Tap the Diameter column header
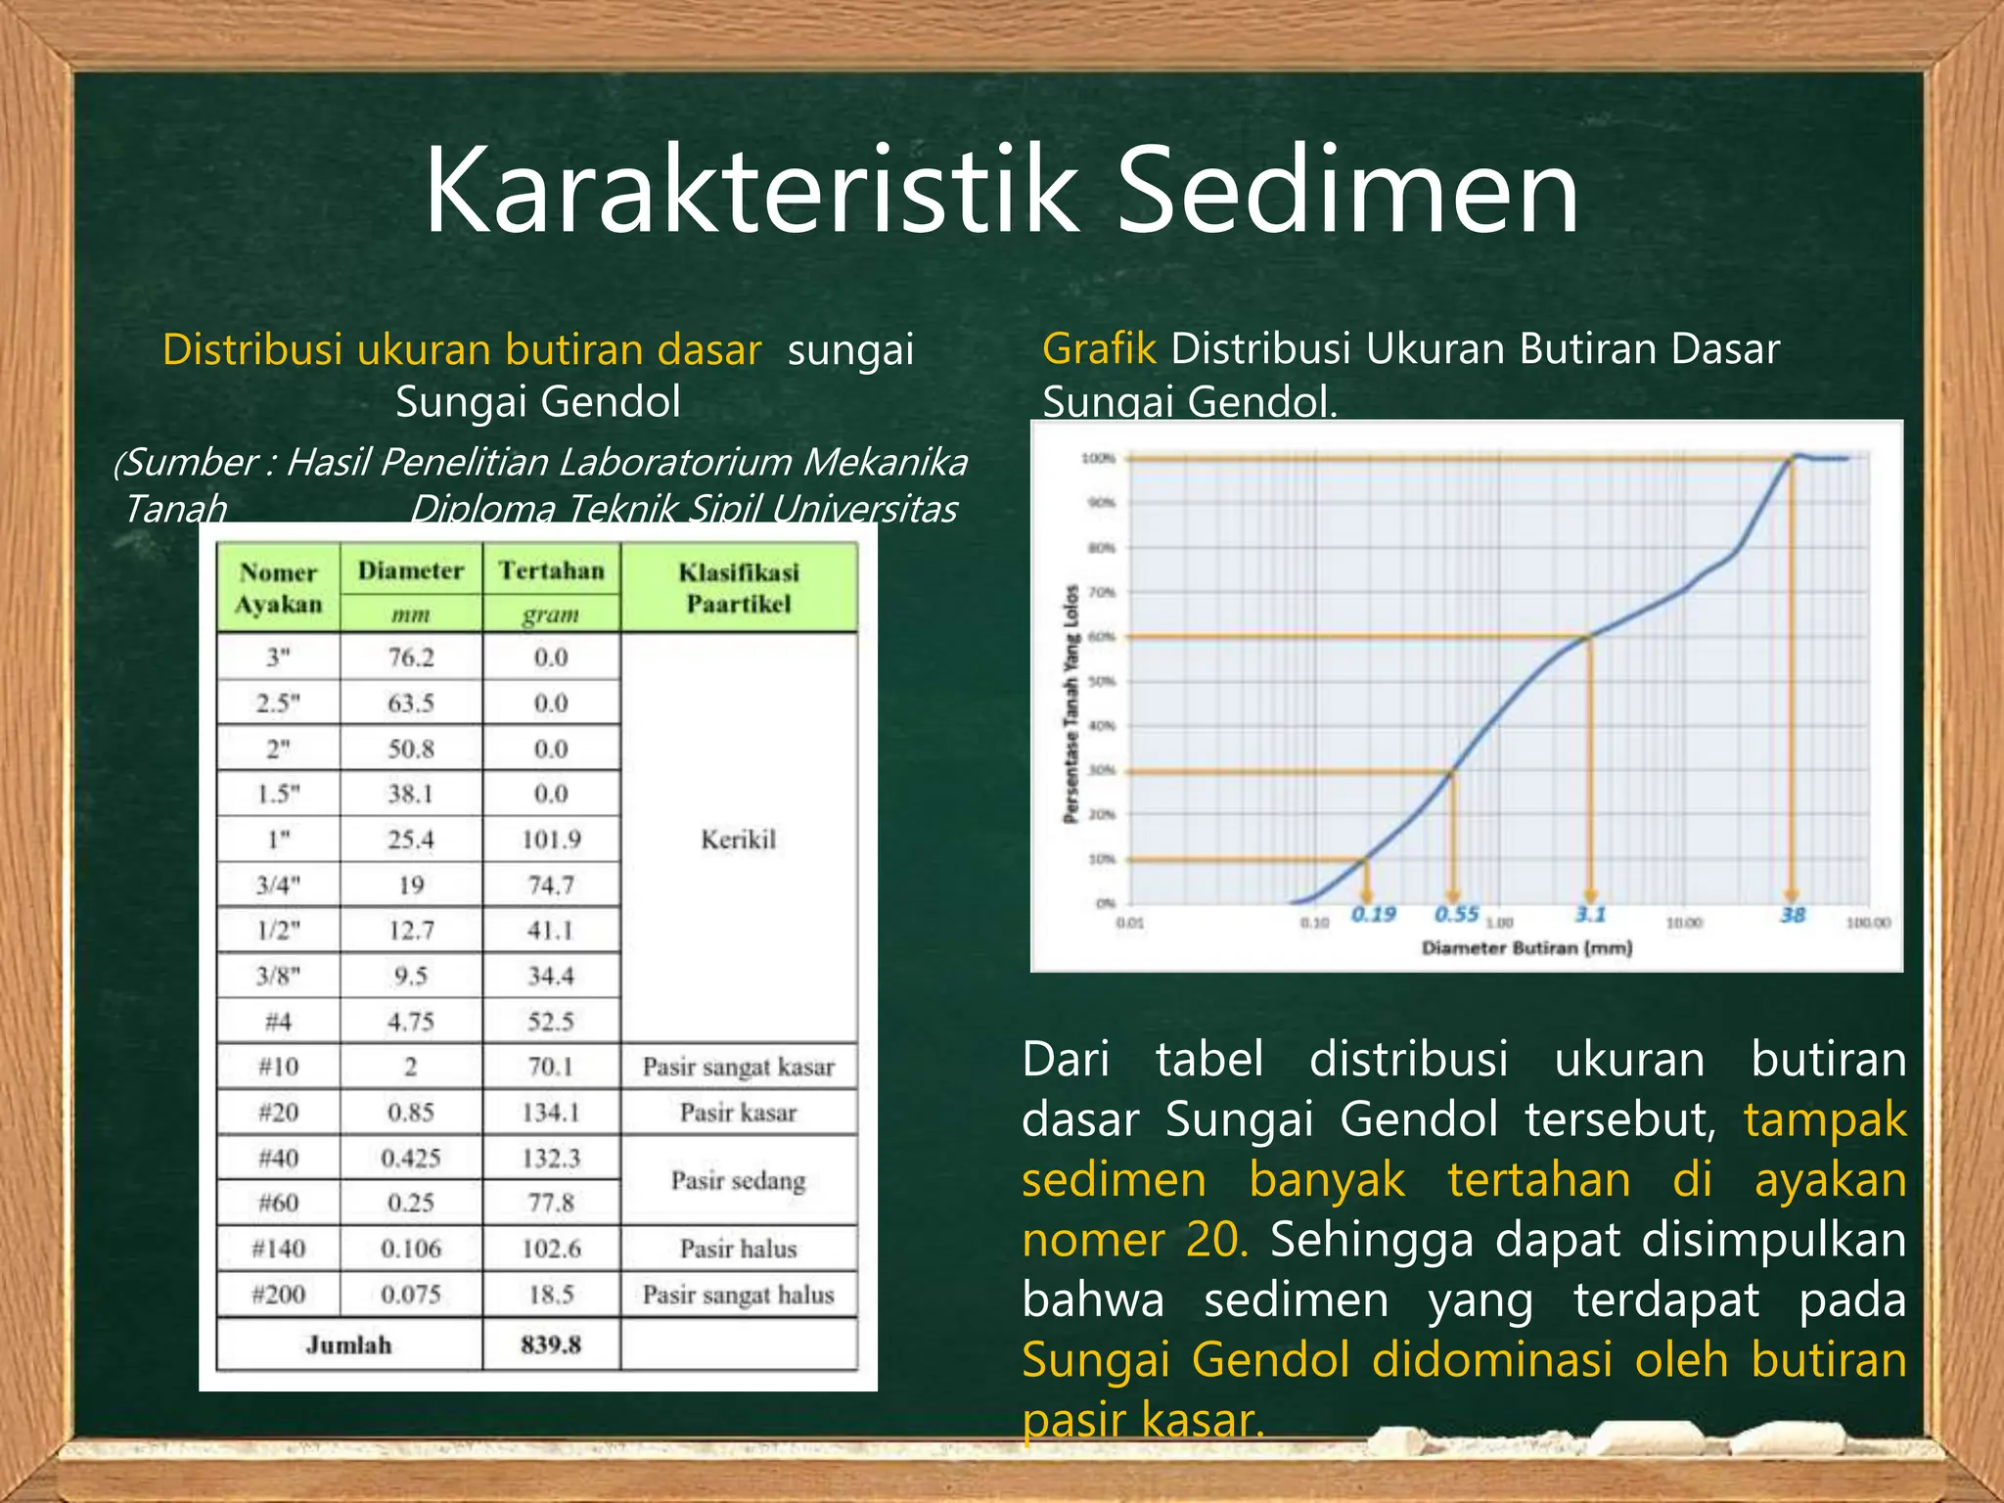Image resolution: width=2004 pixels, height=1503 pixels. pyautogui.click(x=411, y=570)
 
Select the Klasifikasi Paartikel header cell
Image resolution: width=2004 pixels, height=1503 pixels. pyautogui.click(x=739, y=588)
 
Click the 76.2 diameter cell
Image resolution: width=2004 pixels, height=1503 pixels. pyautogui.click(x=411, y=658)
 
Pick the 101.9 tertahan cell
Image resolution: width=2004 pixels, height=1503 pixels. pyautogui.click(x=551, y=840)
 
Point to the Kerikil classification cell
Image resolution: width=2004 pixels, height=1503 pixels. pyautogui.click(x=739, y=840)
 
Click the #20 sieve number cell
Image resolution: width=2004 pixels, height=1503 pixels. pyautogui.click(x=279, y=1113)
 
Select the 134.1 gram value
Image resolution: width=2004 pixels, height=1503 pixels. pyautogui.click(x=551, y=1113)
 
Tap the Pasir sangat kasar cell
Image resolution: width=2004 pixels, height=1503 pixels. pyautogui.click(x=739, y=1067)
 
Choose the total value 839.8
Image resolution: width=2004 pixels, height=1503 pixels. pyautogui.click(x=551, y=1345)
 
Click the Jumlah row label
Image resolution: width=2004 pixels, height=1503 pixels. pyautogui.click(x=348, y=1345)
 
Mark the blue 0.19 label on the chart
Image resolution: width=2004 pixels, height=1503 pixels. pyautogui.click(x=1374, y=914)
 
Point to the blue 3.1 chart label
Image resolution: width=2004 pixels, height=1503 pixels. pyautogui.click(x=1591, y=914)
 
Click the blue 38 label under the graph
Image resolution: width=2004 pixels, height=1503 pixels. pyautogui.click(x=1793, y=915)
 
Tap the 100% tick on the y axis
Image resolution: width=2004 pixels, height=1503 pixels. pyautogui.click(x=1098, y=458)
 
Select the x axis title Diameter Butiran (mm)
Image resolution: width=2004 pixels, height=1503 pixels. pyautogui.click(x=1526, y=947)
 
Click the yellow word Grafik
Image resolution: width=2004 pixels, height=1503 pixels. pyautogui.click(x=1099, y=349)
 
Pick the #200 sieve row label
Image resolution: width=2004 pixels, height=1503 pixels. pyautogui.click(x=279, y=1295)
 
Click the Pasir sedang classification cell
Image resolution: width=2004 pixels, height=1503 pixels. pyautogui.click(x=739, y=1181)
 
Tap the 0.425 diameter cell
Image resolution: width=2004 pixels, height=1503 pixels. pyautogui.click(x=411, y=1159)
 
